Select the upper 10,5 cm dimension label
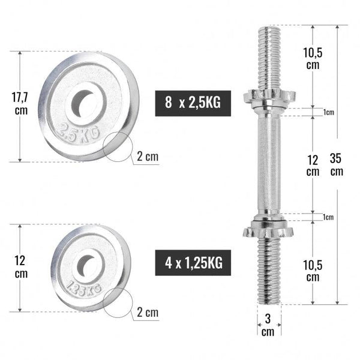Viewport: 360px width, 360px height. (x=313, y=59)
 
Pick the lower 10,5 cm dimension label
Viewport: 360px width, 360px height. (x=313, y=271)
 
